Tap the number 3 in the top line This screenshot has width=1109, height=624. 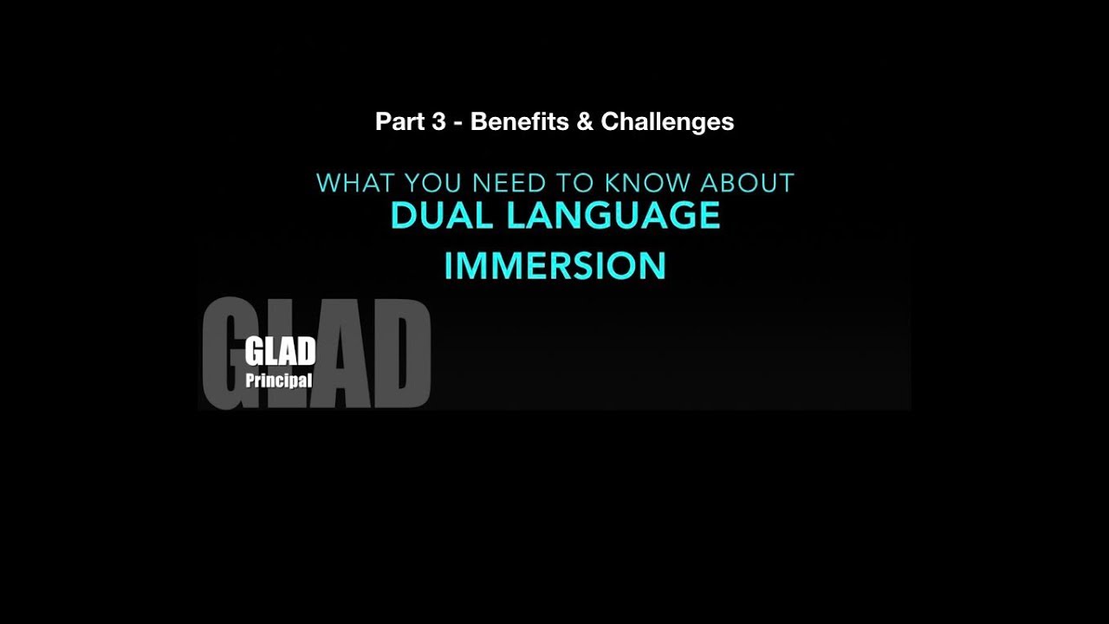click(x=438, y=121)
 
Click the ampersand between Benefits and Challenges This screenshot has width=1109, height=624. click(x=585, y=121)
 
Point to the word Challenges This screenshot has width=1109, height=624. click(x=667, y=122)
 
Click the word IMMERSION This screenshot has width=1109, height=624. click(x=554, y=266)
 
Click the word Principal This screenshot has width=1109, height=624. click(x=278, y=380)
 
